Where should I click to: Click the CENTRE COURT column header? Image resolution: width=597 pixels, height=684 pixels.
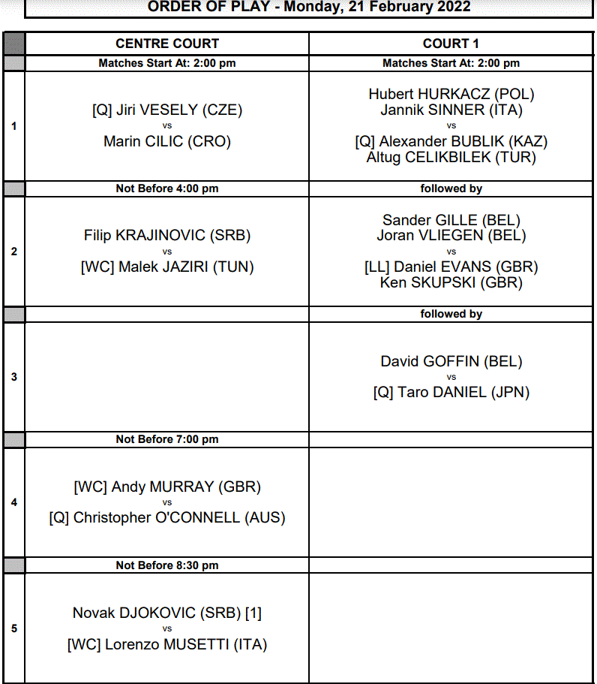click(x=167, y=44)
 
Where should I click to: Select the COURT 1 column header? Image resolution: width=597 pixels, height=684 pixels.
click(x=451, y=44)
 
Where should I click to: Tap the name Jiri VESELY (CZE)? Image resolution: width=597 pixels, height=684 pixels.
click(x=179, y=110)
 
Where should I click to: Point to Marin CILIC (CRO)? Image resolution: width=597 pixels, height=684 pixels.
click(x=167, y=141)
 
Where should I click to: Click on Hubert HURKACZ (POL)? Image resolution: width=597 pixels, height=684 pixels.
click(x=451, y=94)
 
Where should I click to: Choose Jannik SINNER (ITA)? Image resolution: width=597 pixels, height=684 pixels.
click(x=451, y=110)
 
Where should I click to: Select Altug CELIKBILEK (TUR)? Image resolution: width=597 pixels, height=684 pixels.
click(x=451, y=157)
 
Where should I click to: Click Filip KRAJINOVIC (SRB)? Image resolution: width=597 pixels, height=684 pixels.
click(x=167, y=235)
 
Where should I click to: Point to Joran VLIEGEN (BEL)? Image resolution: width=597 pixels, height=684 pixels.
click(x=451, y=235)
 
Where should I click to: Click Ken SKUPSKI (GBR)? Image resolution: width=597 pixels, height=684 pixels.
click(x=451, y=282)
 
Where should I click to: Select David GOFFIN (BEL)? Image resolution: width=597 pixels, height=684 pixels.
click(x=451, y=361)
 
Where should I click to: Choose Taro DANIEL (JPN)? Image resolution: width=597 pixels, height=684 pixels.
click(x=463, y=392)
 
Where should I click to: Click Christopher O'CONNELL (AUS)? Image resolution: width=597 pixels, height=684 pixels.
click(x=179, y=517)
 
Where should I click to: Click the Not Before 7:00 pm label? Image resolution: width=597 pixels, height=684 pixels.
click(x=167, y=439)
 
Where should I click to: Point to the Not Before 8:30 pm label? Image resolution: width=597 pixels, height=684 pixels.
click(x=167, y=565)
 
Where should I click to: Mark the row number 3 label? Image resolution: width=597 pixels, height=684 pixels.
click(x=14, y=377)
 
